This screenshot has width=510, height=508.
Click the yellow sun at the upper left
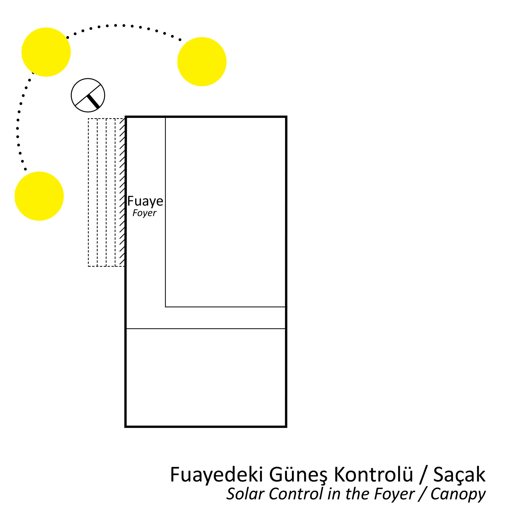pos(46,52)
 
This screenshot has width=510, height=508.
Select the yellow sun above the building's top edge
pos(202,61)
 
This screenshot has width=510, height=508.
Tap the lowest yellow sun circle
pos(39,196)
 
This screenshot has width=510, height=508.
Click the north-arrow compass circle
pos(88,95)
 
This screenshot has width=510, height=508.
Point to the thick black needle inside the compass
pos(93,102)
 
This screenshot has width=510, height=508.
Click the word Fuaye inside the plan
pos(145,201)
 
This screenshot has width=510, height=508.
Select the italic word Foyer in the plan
pos(144,213)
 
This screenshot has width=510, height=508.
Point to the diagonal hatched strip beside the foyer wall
pos(122,192)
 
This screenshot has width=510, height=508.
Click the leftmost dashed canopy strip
pos(93,192)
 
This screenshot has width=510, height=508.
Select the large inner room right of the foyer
pos(225,212)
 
